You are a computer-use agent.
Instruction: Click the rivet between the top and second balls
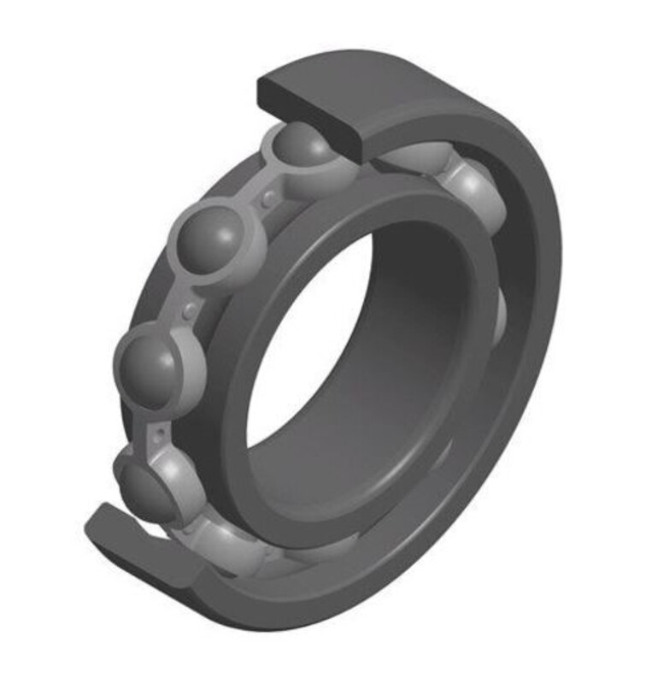(x=270, y=198)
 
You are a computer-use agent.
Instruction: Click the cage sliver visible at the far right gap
(x=501, y=316)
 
